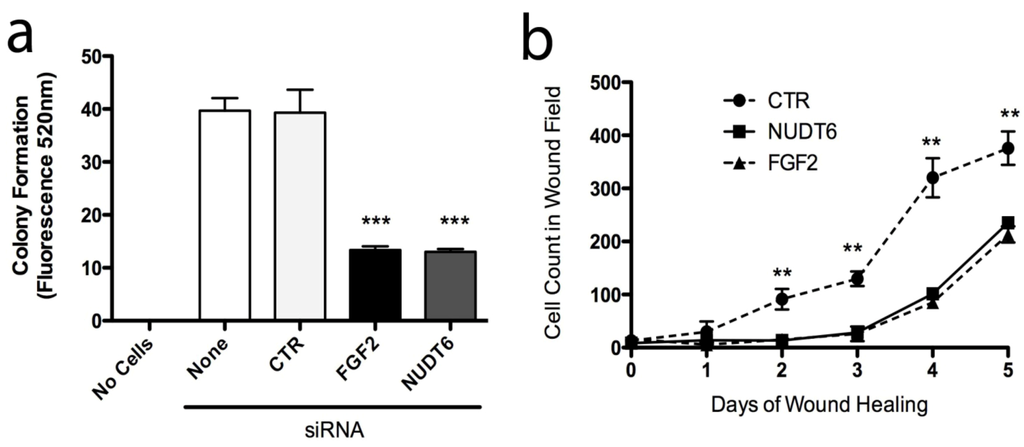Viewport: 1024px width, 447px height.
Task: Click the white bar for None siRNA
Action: click(224, 215)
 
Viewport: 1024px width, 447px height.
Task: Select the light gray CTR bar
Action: click(300, 216)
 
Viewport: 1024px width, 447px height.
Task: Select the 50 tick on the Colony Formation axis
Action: click(95, 56)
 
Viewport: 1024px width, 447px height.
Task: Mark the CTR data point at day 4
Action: click(932, 178)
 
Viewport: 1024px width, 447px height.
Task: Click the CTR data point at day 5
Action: click(1007, 148)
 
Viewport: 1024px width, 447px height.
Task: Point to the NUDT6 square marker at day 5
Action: click(1007, 223)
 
